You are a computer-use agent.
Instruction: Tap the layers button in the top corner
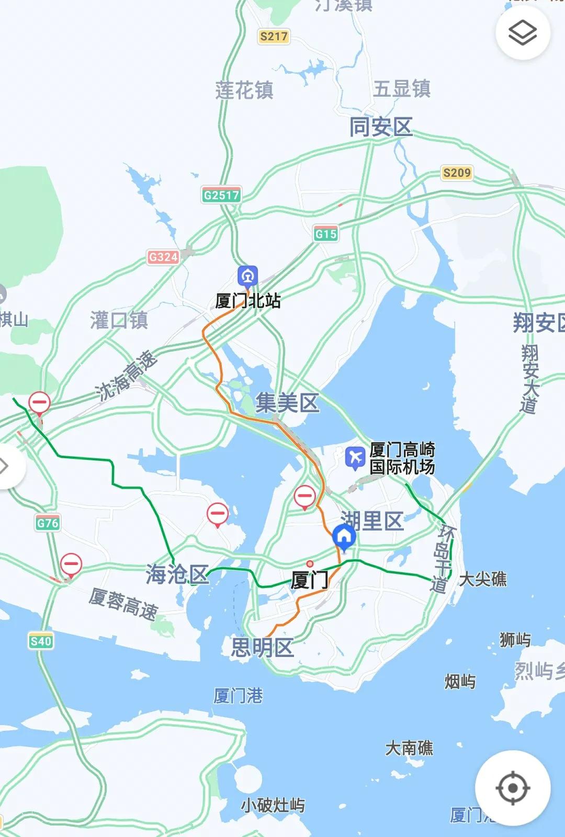pyautogui.click(x=523, y=33)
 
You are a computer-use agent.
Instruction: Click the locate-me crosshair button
pyautogui.click(x=512, y=788)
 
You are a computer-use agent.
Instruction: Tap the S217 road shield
pyautogui.click(x=274, y=36)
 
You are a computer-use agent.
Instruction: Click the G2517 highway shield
pyautogui.click(x=221, y=195)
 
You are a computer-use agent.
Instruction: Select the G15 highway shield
pyautogui.click(x=326, y=234)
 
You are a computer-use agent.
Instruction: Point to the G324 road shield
pyautogui.click(x=163, y=257)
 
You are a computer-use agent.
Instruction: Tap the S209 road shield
pyautogui.click(x=457, y=173)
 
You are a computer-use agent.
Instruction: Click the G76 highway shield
pyautogui.click(x=48, y=523)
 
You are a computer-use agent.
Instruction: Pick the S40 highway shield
pyautogui.click(x=41, y=641)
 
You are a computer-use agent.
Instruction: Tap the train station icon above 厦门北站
pyautogui.click(x=247, y=276)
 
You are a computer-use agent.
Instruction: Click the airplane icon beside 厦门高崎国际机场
pyautogui.click(x=356, y=457)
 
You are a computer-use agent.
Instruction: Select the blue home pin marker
pyautogui.click(x=344, y=537)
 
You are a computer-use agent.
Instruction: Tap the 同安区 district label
pyautogui.click(x=381, y=127)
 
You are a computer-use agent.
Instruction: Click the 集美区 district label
pyautogui.click(x=287, y=403)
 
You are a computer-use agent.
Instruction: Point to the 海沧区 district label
pyautogui.click(x=177, y=574)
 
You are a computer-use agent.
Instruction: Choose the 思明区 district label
pyautogui.click(x=263, y=648)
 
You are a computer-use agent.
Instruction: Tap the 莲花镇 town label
pyautogui.click(x=244, y=91)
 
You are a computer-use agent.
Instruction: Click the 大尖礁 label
pyautogui.click(x=482, y=579)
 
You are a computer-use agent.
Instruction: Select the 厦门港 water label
pyautogui.click(x=238, y=696)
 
